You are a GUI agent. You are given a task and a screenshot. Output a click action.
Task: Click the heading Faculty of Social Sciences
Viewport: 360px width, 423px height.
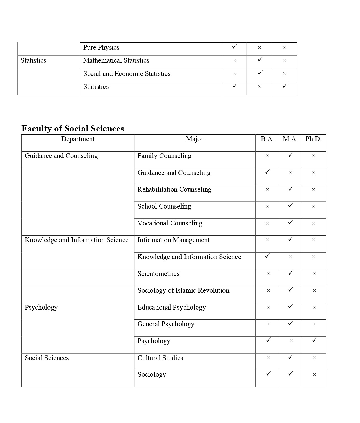point(73,129)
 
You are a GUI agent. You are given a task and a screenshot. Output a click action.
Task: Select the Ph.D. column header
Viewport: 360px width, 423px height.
point(313,139)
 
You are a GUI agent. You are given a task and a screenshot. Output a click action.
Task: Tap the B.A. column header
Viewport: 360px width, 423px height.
point(267,139)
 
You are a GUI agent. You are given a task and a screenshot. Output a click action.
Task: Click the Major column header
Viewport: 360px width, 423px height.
point(195,139)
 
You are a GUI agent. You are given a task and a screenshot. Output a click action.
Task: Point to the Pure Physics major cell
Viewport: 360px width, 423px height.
point(101,47)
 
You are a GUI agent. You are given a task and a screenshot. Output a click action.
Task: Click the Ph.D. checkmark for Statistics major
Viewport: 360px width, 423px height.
point(285,86)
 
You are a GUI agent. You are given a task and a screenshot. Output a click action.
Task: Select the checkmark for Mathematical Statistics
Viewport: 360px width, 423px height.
point(260,59)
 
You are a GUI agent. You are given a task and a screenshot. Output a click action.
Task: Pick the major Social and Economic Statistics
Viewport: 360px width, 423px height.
point(127,74)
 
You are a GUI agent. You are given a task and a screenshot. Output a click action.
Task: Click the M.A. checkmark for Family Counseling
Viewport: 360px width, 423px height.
point(290,155)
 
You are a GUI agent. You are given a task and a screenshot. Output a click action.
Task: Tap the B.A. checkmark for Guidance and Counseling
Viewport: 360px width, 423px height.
point(267,172)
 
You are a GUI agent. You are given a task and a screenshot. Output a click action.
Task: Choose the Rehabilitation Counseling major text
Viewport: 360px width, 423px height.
point(174,189)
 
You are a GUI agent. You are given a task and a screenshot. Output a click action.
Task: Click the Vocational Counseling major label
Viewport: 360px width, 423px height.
point(170,223)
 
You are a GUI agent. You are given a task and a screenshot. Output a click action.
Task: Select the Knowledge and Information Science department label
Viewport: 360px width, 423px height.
point(77,240)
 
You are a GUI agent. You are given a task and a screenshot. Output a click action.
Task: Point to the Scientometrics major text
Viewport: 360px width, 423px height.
point(158,274)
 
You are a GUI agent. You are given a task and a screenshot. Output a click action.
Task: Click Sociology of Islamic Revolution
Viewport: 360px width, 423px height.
point(183,290)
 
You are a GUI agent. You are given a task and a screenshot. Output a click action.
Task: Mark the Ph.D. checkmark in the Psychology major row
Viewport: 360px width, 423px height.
point(314,340)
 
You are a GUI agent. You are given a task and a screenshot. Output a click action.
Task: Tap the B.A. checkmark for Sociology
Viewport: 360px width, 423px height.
point(268,374)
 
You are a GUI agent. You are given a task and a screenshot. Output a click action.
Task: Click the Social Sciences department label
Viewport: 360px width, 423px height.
point(47,358)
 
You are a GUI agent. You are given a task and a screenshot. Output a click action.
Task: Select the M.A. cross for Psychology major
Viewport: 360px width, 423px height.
point(291,341)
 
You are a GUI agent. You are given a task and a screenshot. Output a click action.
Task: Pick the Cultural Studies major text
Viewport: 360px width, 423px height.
point(160,358)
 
